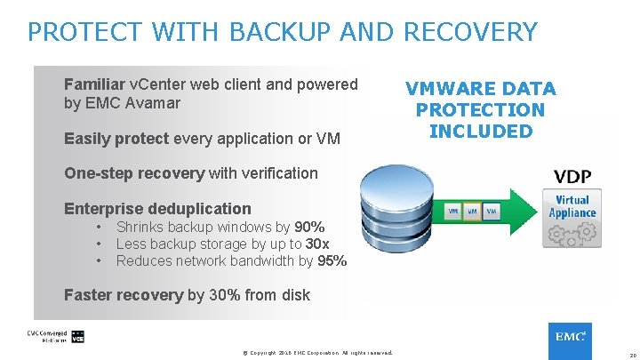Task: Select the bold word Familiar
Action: click(x=94, y=84)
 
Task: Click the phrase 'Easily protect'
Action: click(x=116, y=139)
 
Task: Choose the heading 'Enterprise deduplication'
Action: click(x=157, y=209)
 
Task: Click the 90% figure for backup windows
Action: click(x=309, y=228)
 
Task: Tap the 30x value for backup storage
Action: click(x=317, y=244)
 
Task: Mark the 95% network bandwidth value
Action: click(x=332, y=261)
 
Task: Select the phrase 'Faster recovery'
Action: click(x=124, y=295)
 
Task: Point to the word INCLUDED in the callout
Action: click(x=481, y=132)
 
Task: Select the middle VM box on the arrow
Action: click(x=473, y=211)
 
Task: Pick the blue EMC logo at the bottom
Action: click(x=569, y=339)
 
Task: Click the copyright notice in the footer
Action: click(x=316, y=353)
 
